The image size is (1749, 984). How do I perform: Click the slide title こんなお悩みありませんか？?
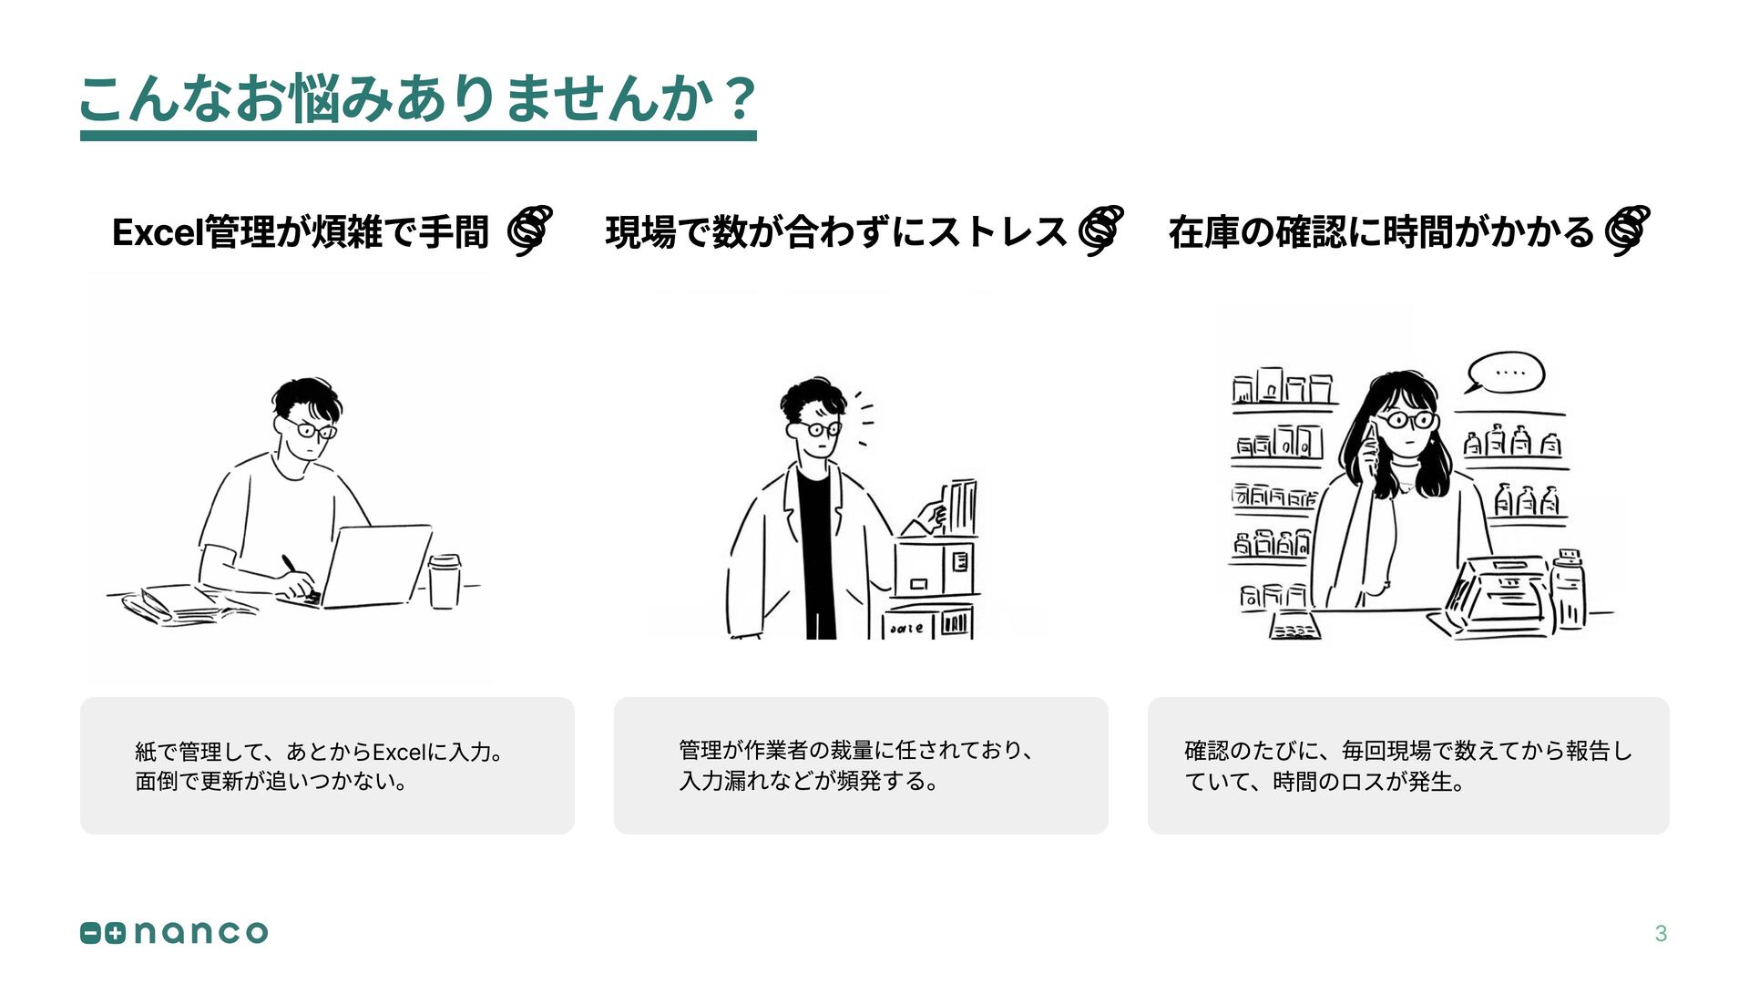[x=417, y=98]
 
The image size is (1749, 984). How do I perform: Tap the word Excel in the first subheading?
[x=158, y=233]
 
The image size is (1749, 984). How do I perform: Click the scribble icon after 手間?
[x=530, y=230]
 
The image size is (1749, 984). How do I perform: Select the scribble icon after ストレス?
[x=1100, y=230]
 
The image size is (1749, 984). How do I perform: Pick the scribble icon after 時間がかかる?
[x=1627, y=230]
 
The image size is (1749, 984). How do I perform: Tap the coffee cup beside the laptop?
[x=445, y=580]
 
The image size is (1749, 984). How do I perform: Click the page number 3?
[x=1661, y=933]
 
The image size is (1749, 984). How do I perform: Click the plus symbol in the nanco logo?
[x=115, y=933]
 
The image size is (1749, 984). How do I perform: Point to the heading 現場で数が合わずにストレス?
[x=835, y=232]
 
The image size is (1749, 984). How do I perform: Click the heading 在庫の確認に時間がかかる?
[x=1381, y=232]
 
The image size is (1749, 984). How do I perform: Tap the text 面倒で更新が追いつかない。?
[x=271, y=782]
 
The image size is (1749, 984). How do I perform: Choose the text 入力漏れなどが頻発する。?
[x=809, y=782]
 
